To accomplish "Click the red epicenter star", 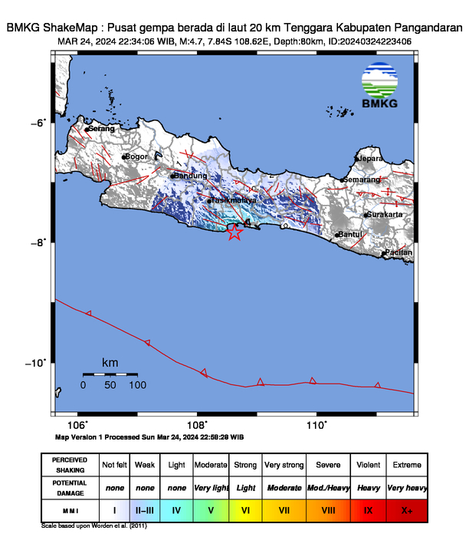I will pyautogui.click(x=235, y=232).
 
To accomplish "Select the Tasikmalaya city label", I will pyautogui.click(x=235, y=200).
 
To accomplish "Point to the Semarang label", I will pyautogui.click(x=362, y=179).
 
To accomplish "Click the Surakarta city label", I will pyautogui.click(x=385, y=215).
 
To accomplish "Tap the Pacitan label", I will pyautogui.click(x=398, y=252).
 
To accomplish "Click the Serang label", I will pyautogui.click(x=101, y=129).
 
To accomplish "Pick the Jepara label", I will pyautogui.click(x=370, y=159).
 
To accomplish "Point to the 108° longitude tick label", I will pyautogui.click(x=197, y=424).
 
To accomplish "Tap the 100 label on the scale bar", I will pyautogui.click(x=137, y=385).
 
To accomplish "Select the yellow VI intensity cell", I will pyautogui.click(x=246, y=509).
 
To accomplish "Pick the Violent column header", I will pyautogui.click(x=369, y=465).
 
